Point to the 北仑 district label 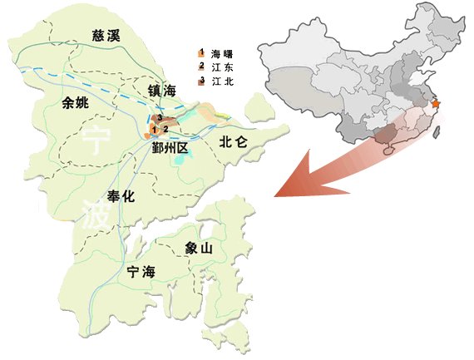234,142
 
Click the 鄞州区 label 171,147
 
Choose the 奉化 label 126,196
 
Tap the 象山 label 202,248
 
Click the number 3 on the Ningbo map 159,118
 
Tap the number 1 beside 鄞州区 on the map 155,129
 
